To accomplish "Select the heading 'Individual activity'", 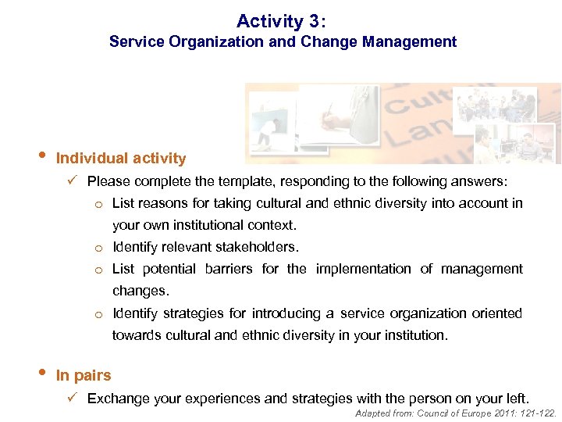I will pos(121,159).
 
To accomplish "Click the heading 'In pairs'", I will pos(84,376).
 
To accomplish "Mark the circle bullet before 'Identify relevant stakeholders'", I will pos(99,249).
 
